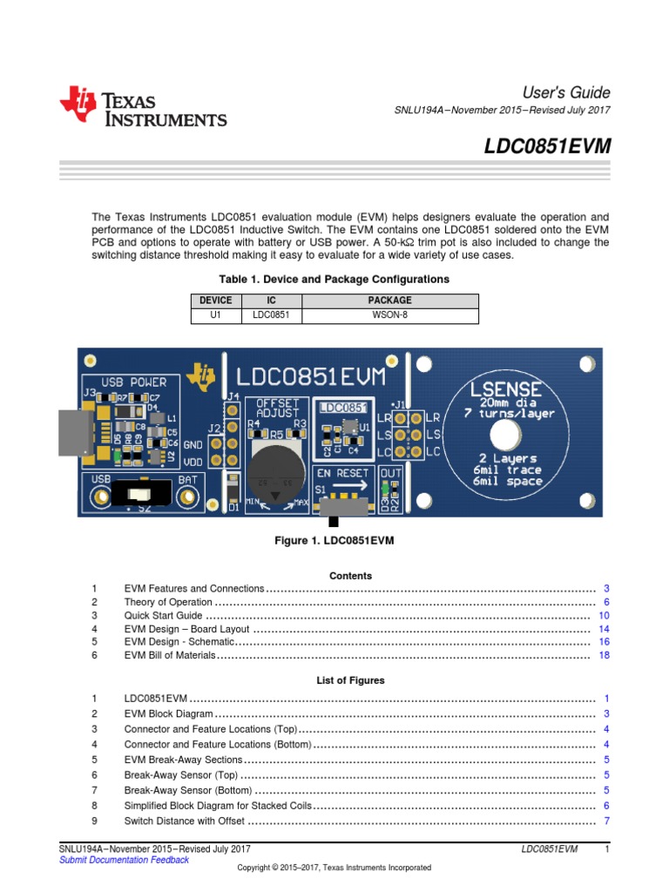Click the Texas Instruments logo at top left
pyautogui.click(x=143, y=107)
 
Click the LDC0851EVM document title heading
pyautogui.click(x=547, y=147)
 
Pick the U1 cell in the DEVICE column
pyautogui.click(x=215, y=314)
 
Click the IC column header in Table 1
pyautogui.click(x=264, y=300)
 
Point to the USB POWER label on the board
pyautogui.click(x=133, y=382)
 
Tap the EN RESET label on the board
pyautogui.click(x=343, y=472)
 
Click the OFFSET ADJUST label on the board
pyautogui.click(x=276, y=409)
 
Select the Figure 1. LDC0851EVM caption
pyautogui.click(x=334, y=541)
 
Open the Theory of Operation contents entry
pyautogui.click(x=168, y=602)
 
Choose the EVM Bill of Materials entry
pyautogui.click(x=169, y=656)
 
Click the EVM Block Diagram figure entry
pyautogui.click(x=169, y=713)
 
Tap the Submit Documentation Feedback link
pyautogui.click(x=124, y=860)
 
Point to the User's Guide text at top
pyautogui.click(x=566, y=92)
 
